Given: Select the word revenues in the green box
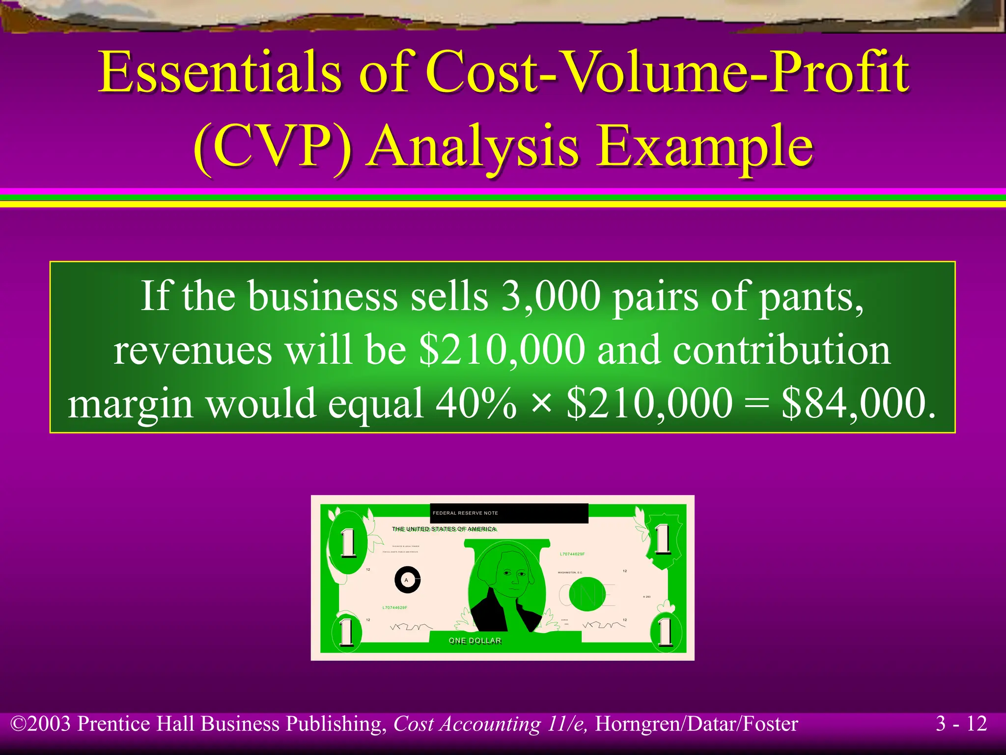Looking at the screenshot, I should tap(193, 350).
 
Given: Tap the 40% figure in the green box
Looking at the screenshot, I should tap(475, 403).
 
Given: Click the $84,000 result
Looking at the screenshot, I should tap(858, 403).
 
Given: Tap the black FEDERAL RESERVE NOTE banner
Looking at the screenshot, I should tap(509, 513).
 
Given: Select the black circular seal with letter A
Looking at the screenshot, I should tap(407, 580).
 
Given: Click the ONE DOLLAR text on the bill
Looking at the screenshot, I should tap(475, 640).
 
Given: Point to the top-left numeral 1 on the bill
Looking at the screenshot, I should tap(348, 543).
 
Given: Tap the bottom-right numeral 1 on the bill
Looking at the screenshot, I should tap(665, 632).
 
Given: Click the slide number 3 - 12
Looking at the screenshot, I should tap(961, 724).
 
